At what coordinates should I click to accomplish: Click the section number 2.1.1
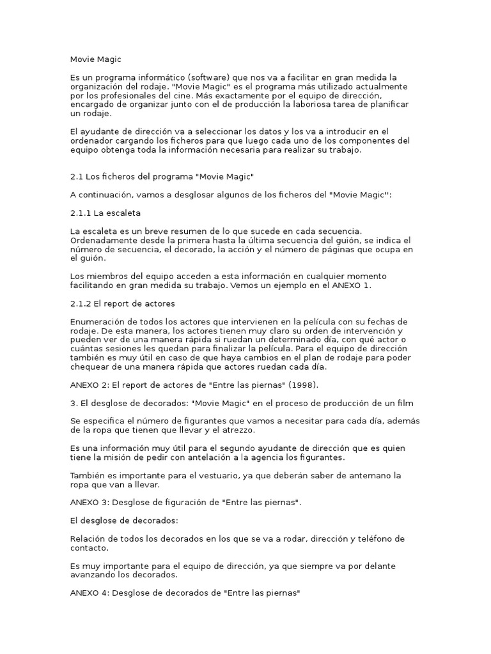(81, 213)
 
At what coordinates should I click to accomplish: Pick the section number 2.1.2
(81, 303)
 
